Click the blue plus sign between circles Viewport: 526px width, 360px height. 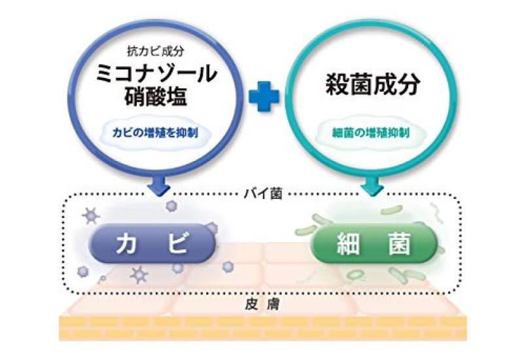pyautogui.click(x=264, y=96)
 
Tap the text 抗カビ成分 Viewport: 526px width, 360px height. pyautogui.click(x=156, y=51)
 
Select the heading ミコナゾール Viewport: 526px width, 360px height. pyautogui.click(x=156, y=73)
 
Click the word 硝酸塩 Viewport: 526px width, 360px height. pyautogui.click(x=156, y=96)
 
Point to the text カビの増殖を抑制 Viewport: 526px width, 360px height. pyautogui.click(x=155, y=133)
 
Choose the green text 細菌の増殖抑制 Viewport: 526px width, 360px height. pyautogui.click(x=371, y=133)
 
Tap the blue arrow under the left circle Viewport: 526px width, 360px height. pyautogui.click(x=159, y=185)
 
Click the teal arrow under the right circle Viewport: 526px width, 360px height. pyautogui.click(x=372, y=185)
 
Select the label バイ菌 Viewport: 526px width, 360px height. pyautogui.click(x=263, y=194)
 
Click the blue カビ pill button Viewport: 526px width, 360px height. pyautogui.click(x=152, y=243)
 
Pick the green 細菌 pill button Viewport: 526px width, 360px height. pyautogui.click(x=374, y=243)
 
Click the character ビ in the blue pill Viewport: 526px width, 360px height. pyautogui.click(x=177, y=243)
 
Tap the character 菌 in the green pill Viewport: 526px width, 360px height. pyautogui.click(x=399, y=243)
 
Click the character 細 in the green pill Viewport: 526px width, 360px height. pyautogui.click(x=348, y=243)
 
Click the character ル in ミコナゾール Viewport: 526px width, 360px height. pyautogui.click(x=206, y=73)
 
